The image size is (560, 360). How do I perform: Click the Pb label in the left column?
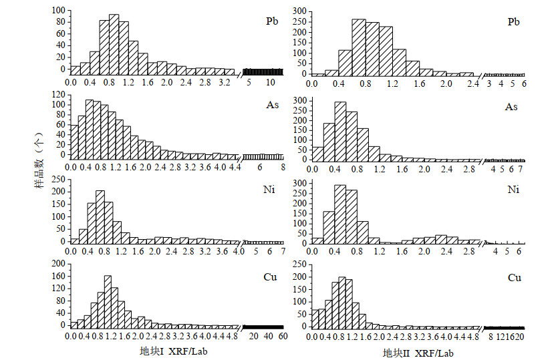point(271,21)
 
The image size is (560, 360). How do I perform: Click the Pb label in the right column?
point(513,21)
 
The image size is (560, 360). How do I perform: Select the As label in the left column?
point(271,106)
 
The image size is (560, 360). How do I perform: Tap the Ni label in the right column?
point(513,190)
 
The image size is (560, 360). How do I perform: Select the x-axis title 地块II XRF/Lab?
point(418,352)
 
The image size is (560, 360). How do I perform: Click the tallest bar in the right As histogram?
point(340,131)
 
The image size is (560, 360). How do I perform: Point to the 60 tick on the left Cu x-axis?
point(283,337)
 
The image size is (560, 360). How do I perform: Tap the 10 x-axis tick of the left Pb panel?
point(271,83)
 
